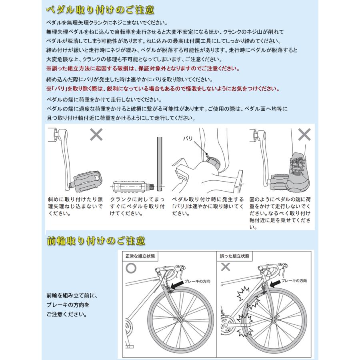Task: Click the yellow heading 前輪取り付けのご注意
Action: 96,241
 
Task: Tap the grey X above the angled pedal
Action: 96,135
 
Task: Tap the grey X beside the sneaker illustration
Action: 304,134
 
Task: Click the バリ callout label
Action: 188,139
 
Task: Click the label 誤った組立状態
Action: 234,255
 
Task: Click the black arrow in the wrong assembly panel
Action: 275,284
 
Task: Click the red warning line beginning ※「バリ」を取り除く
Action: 162,88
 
